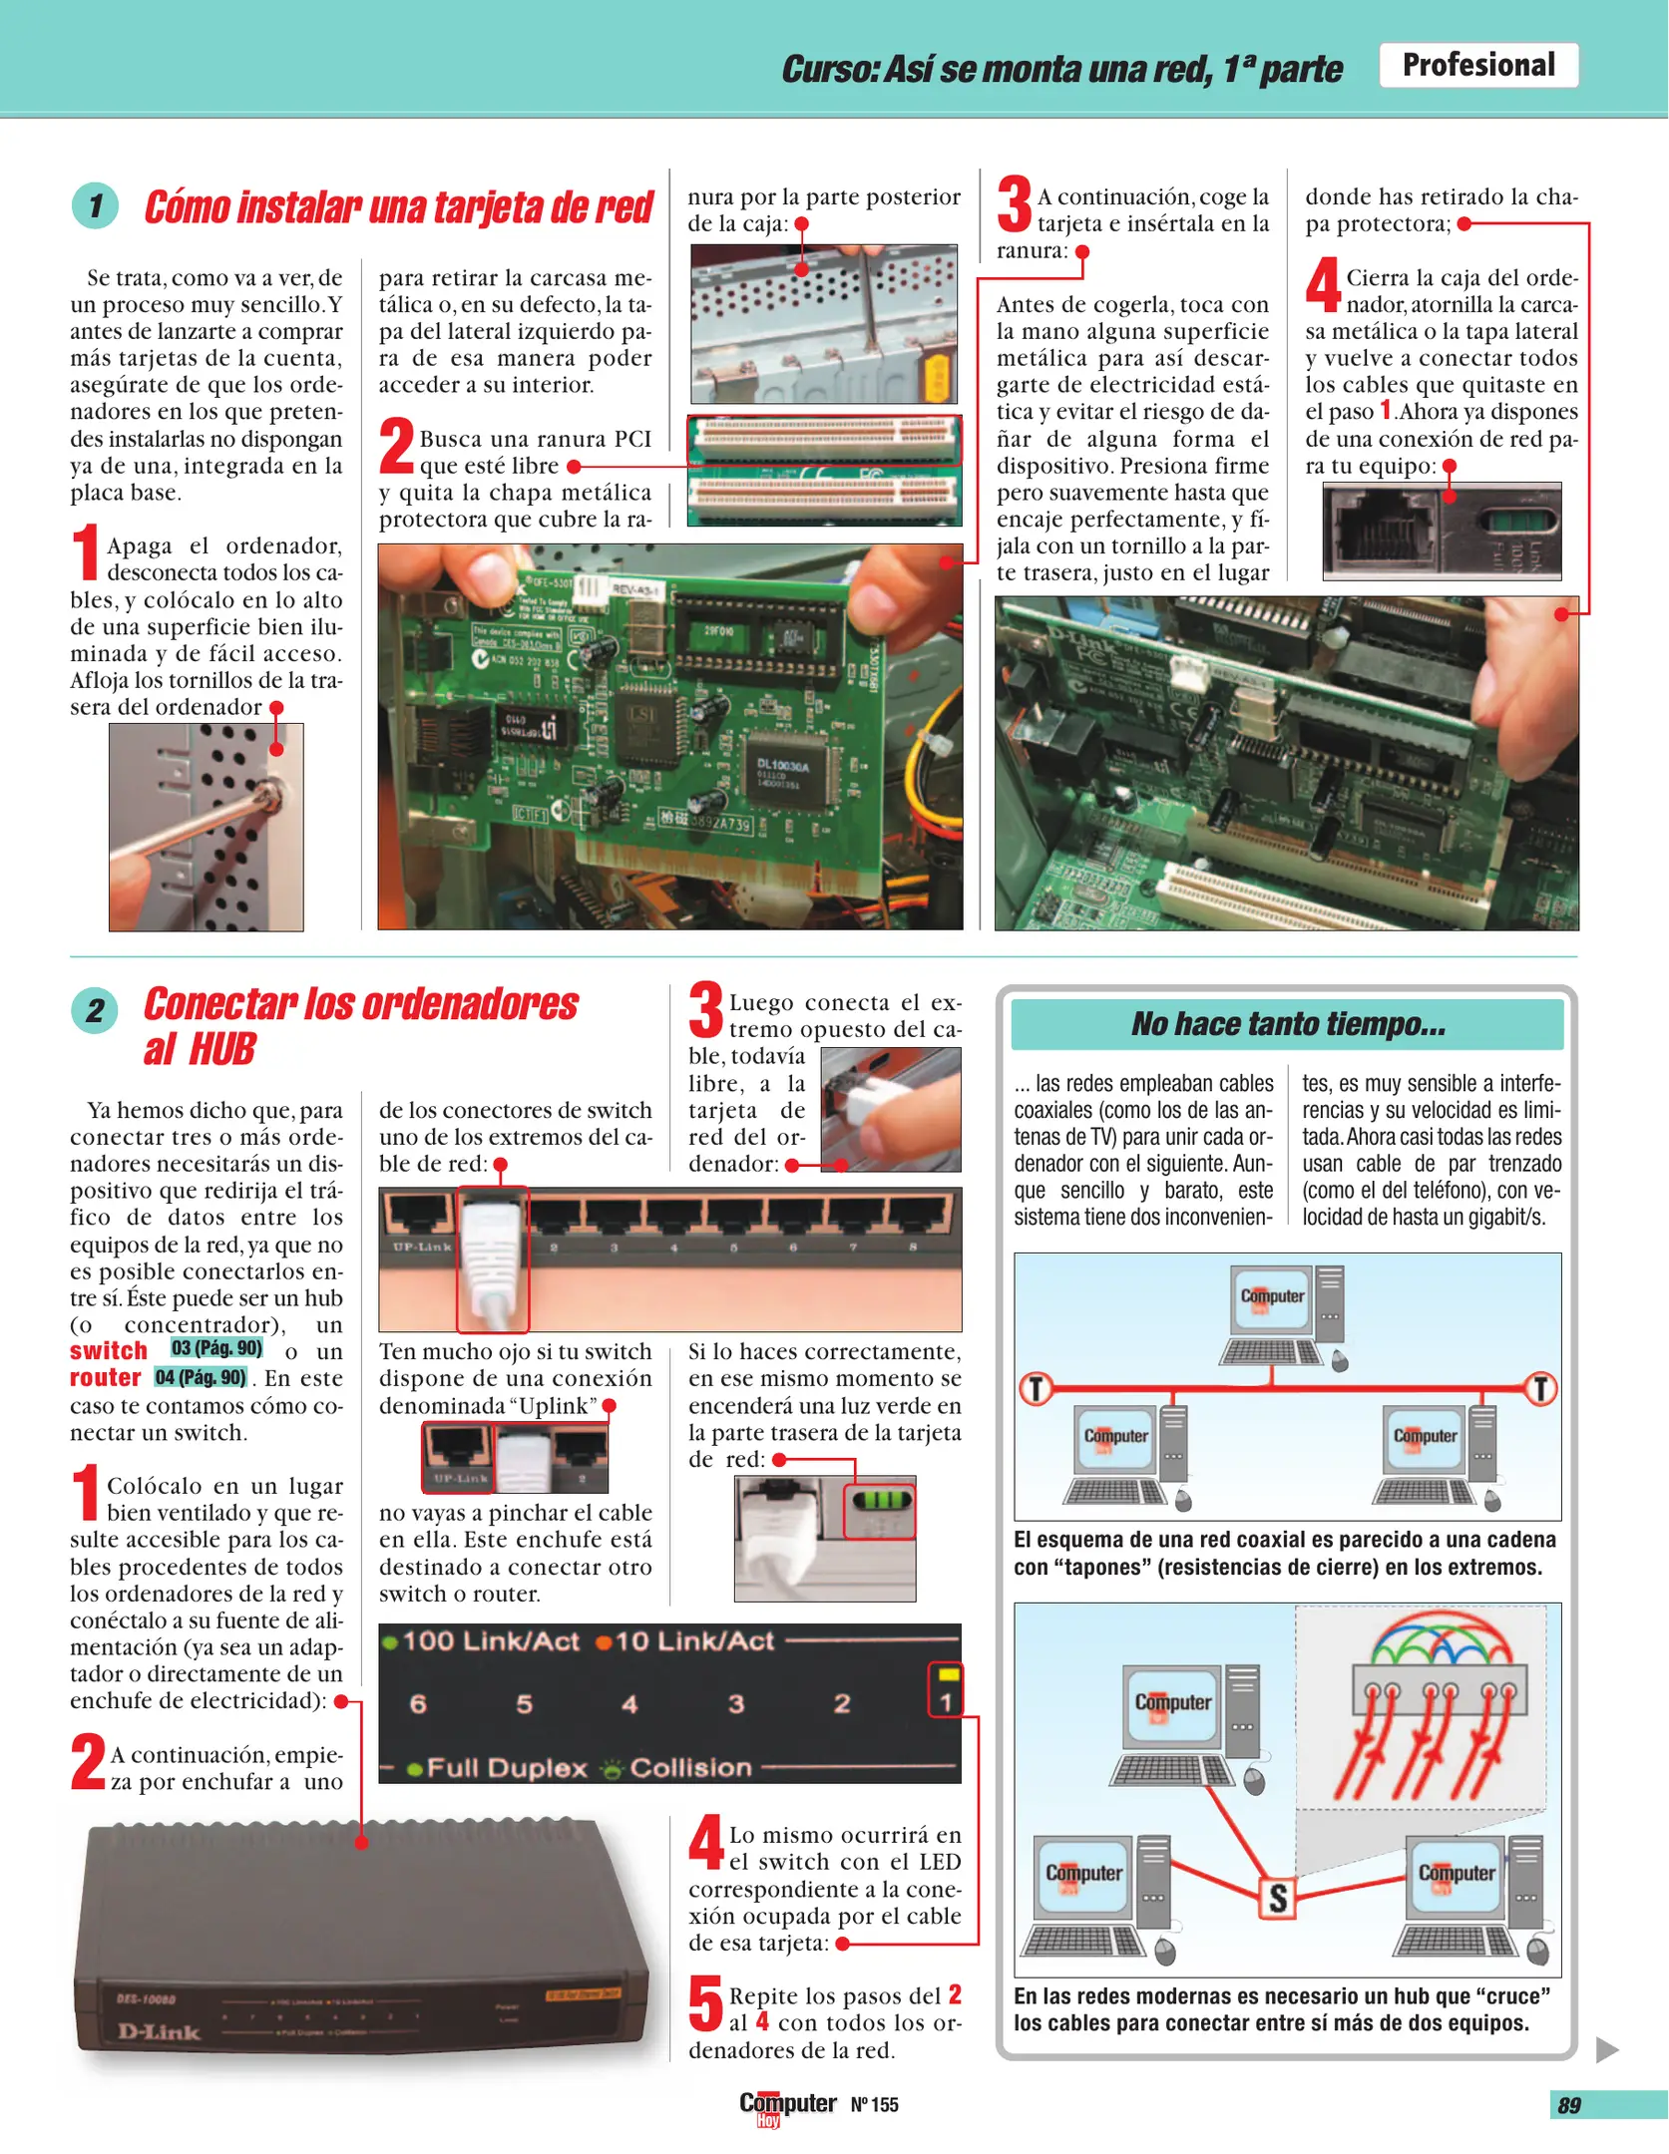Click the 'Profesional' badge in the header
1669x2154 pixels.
coord(1478,65)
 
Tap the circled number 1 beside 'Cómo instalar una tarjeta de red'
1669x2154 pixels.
coord(95,206)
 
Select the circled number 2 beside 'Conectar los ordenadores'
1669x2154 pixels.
coord(95,1010)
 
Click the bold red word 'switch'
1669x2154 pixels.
coord(109,1351)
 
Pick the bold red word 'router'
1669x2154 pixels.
coord(106,1378)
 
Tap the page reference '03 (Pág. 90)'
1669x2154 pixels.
coord(216,1348)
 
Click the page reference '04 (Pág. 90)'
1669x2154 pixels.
coord(201,1377)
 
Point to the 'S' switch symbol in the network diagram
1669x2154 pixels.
coord(1278,1898)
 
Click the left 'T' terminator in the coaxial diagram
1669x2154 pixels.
coord(1037,1388)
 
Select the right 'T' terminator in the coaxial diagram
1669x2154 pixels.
coord(1541,1388)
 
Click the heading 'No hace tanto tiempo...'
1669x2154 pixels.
coord(1288,1024)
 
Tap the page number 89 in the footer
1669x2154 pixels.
coord(1569,2105)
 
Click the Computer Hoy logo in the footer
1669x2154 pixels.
coord(787,2107)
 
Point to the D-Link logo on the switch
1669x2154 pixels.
coord(159,2031)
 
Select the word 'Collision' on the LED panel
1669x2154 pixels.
coord(690,1768)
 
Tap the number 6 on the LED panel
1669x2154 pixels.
coord(418,1704)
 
